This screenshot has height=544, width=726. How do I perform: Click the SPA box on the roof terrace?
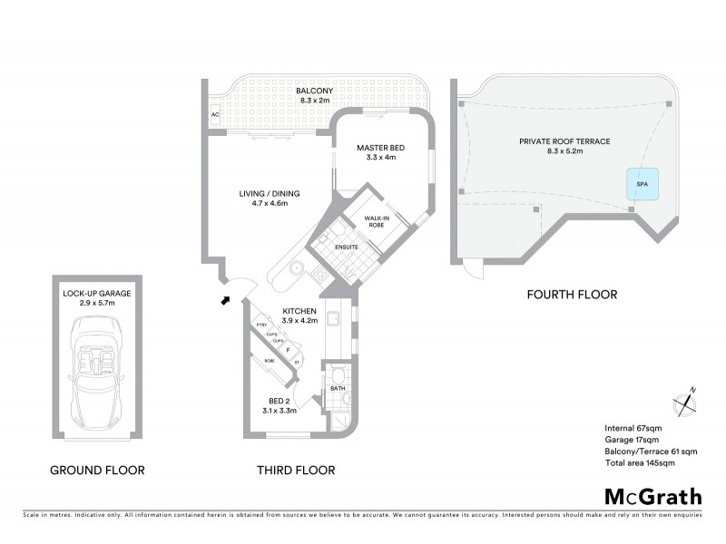tap(642, 183)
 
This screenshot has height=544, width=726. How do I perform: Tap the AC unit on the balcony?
tap(215, 115)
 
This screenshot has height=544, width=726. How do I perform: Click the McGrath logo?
tap(653, 496)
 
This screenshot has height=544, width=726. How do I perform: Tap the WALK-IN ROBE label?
tap(378, 221)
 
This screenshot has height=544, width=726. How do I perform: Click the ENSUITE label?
tap(346, 247)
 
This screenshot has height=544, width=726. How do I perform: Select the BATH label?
tap(338, 389)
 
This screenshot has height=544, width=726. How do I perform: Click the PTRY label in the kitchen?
tap(260, 325)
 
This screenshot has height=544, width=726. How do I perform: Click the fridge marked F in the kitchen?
tap(288, 349)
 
